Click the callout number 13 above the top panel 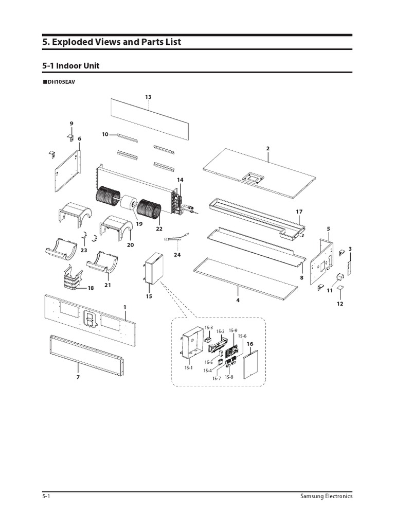click(x=148, y=97)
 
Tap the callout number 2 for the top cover click(x=268, y=148)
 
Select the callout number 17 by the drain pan click(x=299, y=212)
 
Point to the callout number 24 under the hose click(x=177, y=254)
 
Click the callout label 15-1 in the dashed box click(x=190, y=367)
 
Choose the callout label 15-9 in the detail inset click(x=232, y=330)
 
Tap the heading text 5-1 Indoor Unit click(x=71, y=66)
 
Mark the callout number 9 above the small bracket click(x=71, y=123)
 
